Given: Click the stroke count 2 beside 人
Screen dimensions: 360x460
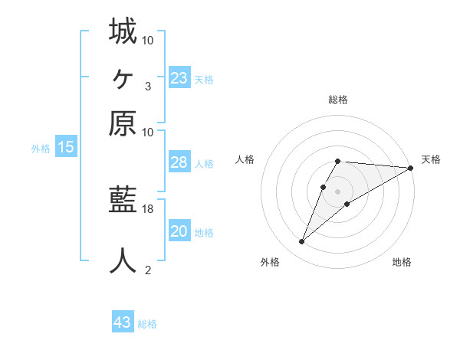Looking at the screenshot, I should click(x=148, y=270).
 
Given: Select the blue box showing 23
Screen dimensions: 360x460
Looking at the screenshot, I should click(x=179, y=78).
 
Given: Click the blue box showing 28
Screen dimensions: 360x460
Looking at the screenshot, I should click(x=179, y=162).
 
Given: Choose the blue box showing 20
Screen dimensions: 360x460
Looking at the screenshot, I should click(x=179, y=231).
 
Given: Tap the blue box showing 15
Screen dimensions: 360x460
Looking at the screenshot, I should click(x=66, y=148).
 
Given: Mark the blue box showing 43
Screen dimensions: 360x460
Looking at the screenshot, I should click(x=123, y=322).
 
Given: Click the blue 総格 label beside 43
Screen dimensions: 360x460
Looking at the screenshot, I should click(x=147, y=324).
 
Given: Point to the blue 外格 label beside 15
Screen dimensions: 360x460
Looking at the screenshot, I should click(x=41, y=149).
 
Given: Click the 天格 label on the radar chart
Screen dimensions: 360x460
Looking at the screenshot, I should click(x=431, y=159).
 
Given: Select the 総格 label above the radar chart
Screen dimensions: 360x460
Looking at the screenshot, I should click(x=338, y=100).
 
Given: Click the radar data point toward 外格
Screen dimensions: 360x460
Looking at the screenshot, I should click(x=302, y=242).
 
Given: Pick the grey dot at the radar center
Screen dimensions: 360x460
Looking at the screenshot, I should click(x=337, y=191).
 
